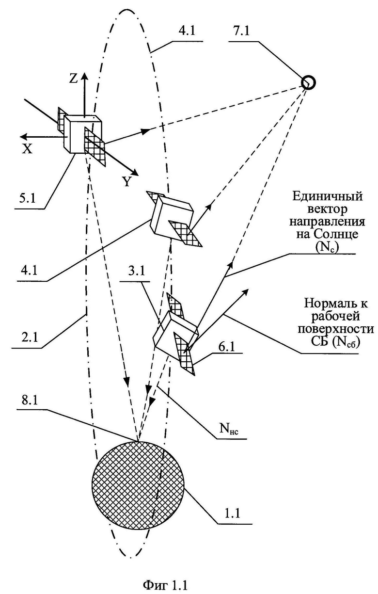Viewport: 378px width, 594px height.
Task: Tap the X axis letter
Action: pyautogui.click(x=27, y=150)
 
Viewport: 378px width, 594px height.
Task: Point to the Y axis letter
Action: pyautogui.click(x=127, y=181)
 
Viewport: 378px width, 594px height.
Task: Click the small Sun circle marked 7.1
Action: pyautogui.click(x=308, y=83)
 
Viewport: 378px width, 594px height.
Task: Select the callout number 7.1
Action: pyautogui.click(x=240, y=31)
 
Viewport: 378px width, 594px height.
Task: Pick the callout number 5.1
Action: pyautogui.click(x=26, y=198)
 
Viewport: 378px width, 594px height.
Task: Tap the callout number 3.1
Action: pyautogui.click(x=136, y=272)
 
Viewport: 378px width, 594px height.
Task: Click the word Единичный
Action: pyautogui.click(x=328, y=197)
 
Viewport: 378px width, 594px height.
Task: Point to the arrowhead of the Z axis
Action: pyautogui.click(x=84, y=76)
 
